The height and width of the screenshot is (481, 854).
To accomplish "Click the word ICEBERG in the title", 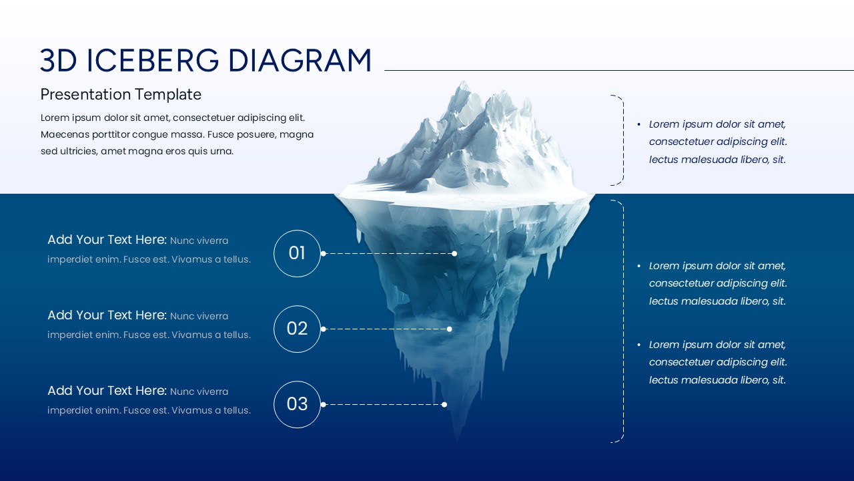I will tap(153, 61).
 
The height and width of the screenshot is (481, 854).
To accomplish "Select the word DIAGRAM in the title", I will tap(300, 61).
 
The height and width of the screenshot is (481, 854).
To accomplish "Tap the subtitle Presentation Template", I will tap(121, 94).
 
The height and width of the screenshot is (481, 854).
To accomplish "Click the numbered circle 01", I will tap(297, 253).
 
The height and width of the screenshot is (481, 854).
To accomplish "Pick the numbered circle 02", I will tap(297, 329).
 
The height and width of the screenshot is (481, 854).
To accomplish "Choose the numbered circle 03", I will tap(297, 404).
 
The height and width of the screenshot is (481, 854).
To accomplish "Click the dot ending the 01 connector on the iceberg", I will tap(454, 253).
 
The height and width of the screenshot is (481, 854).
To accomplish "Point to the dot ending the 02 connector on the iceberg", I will tap(449, 329).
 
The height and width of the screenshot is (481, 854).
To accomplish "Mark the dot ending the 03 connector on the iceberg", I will tap(444, 404).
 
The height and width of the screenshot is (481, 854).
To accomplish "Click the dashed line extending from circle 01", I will tap(387, 253).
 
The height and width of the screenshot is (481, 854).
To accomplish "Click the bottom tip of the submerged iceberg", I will tap(457, 438).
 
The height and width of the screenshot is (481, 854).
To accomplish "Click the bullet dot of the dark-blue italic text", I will tap(638, 124).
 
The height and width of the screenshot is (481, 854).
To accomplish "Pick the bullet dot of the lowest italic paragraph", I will tap(638, 345).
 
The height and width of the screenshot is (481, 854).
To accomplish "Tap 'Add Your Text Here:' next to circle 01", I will tap(107, 240).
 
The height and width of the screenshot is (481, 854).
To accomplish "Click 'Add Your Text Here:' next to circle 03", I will tap(107, 391).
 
